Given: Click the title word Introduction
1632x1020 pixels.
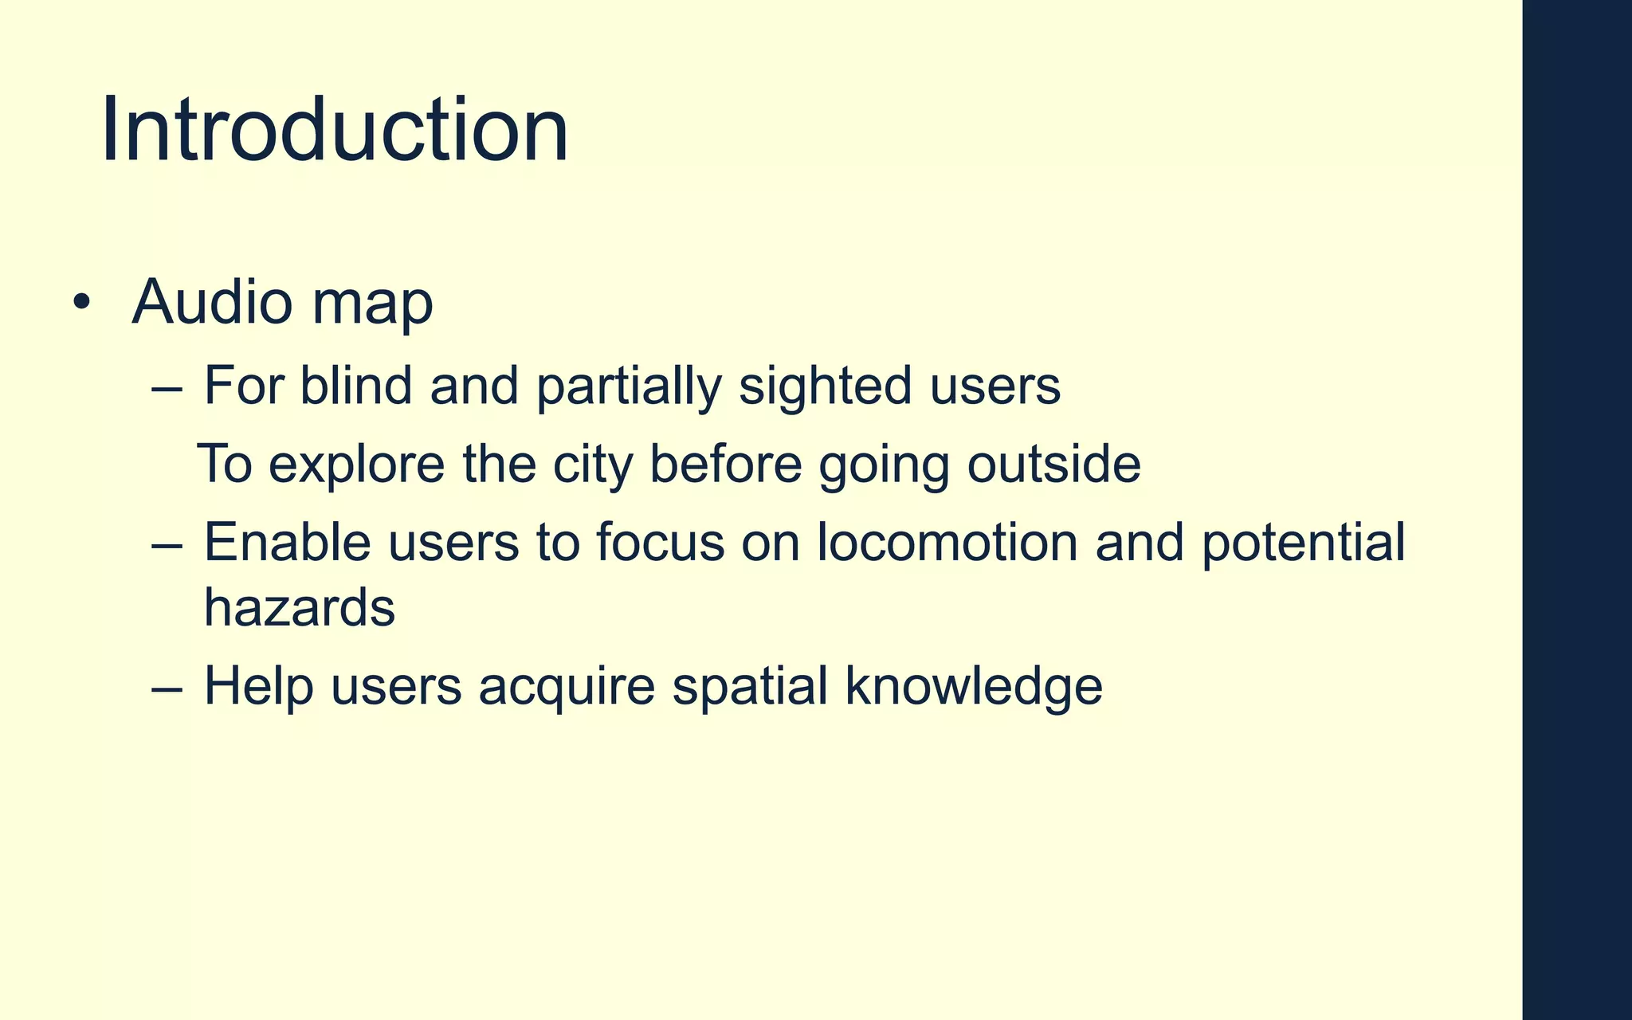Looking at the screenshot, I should pos(335,129).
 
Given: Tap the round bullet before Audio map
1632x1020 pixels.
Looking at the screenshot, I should pos(80,303).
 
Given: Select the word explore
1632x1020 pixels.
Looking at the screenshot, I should pos(356,467).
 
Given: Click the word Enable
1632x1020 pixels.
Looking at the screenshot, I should pos(287,543).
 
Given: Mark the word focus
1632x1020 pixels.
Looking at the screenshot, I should pos(661,543).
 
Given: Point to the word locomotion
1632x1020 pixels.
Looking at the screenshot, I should pos(947,543).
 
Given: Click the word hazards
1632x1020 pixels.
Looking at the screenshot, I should pos(300,608).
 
